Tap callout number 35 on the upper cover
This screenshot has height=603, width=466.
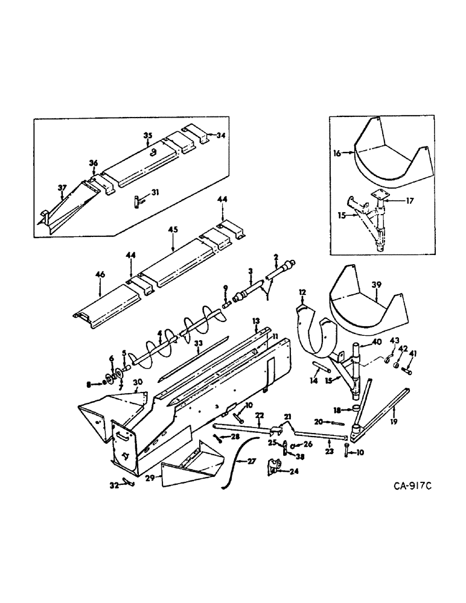[x=146, y=136]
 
